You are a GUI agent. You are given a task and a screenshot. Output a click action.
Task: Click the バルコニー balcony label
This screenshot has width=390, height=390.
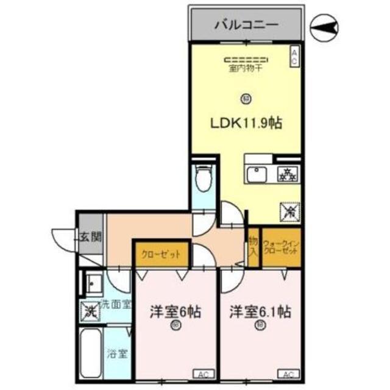pyautogui.click(x=246, y=26)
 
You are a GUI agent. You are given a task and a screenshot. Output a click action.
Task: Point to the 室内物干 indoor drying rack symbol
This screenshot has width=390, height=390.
pyautogui.click(x=246, y=60)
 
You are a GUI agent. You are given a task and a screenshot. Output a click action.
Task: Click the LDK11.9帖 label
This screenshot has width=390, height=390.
pyautogui.click(x=246, y=122)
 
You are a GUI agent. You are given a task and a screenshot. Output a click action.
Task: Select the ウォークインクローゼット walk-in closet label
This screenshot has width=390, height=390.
pyautogui.click(x=281, y=248)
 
